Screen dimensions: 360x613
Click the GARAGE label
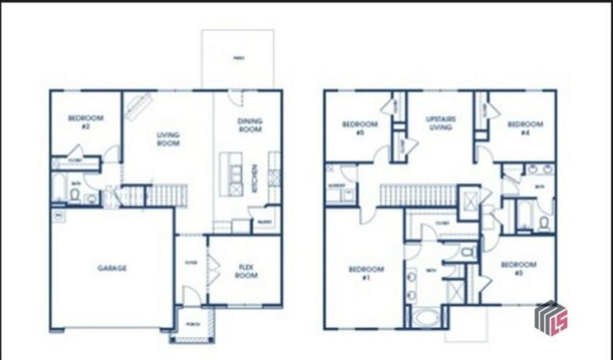tap(112, 268)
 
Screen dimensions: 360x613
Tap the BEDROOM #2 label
tap(85, 122)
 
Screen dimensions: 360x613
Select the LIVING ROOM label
tap(168, 139)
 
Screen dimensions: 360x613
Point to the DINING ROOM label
tap(250, 125)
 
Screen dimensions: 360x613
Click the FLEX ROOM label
tap(246, 271)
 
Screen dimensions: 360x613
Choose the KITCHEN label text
tap(255, 178)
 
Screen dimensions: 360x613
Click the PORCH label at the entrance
tap(193, 324)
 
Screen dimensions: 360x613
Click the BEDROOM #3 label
tap(518, 268)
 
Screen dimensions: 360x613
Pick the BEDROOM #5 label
tap(360, 128)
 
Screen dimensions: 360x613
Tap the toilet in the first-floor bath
tap(75, 195)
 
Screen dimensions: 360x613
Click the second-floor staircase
tap(417, 195)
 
